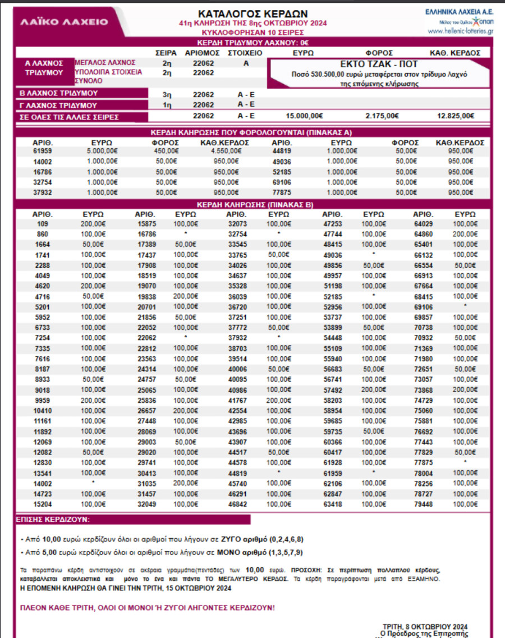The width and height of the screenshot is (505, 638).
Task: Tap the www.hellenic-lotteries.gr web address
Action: [460, 31]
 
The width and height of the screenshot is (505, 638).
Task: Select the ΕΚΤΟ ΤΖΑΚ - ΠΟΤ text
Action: [379, 64]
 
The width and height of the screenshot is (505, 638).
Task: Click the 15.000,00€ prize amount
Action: [304, 116]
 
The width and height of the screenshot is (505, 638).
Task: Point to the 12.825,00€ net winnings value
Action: [455, 116]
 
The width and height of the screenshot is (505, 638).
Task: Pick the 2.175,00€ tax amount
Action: [382, 116]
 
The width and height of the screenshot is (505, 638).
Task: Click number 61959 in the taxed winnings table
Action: [43, 150]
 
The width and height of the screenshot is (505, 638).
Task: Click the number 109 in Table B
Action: [43, 223]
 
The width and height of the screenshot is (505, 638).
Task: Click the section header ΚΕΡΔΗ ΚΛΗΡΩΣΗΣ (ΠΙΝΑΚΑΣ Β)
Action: [254, 205]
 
